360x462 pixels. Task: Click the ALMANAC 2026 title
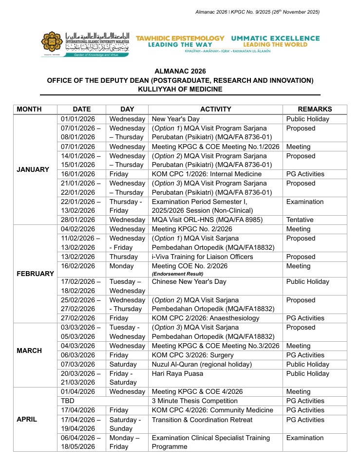click(x=180, y=71)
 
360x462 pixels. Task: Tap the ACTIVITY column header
click(x=215, y=110)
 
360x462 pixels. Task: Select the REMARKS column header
click(x=315, y=110)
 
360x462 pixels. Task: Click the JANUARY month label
click(x=33, y=169)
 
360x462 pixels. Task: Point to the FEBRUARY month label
click(x=35, y=274)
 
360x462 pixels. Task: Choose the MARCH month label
click(x=29, y=351)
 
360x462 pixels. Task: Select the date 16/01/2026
click(x=78, y=174)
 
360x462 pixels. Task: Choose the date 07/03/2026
click(x=78, y=364)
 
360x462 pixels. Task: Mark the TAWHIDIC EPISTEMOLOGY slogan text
click(x=180, y=38)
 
